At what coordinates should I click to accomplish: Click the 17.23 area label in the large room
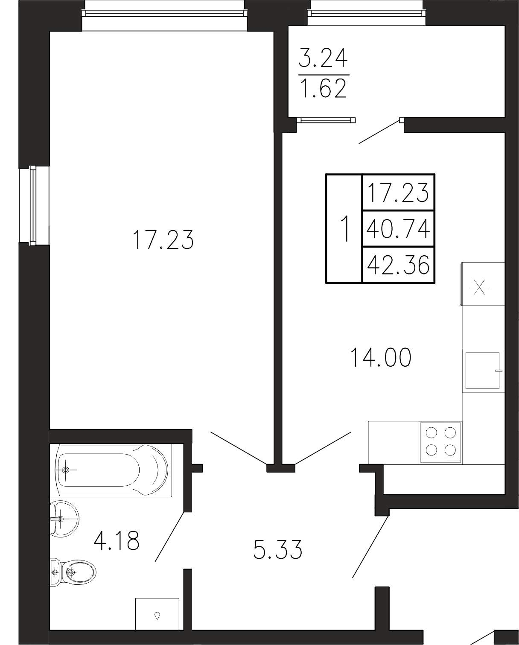163,240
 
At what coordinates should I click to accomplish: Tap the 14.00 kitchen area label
381,357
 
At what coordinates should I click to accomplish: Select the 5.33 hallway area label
277,549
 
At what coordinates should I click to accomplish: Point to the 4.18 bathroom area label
116,540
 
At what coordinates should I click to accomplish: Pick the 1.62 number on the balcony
324,88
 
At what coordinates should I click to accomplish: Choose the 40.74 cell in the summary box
398,229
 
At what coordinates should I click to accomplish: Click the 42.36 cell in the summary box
398,265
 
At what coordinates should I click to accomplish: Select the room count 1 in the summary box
346,229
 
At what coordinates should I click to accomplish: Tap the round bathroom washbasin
64,519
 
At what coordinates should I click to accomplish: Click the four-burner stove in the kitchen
440,443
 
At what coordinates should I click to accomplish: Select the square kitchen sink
482,371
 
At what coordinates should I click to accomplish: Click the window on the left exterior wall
33,206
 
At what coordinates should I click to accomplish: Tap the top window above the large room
164,13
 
